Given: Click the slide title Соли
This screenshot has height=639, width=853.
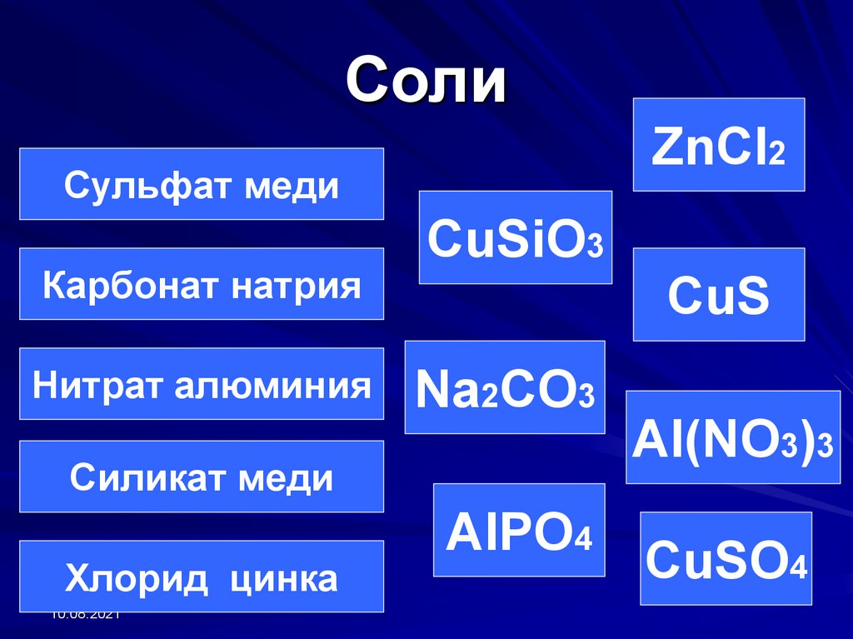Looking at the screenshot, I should [x=426, y=81].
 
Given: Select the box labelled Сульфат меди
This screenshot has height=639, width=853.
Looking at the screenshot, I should [x=201, y=184].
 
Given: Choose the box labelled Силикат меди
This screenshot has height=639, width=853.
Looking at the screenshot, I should [x=201, y=477].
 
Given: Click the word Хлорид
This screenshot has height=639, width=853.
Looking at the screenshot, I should [x=127, y=578].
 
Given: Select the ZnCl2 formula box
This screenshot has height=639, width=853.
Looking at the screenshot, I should [x=718, y=145].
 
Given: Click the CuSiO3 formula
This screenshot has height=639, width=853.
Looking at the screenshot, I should [x=515, y=238].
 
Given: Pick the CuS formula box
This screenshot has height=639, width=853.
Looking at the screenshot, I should [x=718, y=295].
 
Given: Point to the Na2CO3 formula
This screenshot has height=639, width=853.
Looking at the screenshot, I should [x=505, y=388].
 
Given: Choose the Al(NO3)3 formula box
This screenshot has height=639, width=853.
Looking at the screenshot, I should [x=733, y=437].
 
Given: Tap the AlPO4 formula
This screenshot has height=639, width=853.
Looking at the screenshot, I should [x=519, y=531].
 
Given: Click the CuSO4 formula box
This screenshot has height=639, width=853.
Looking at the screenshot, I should [x=726, y=559].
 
